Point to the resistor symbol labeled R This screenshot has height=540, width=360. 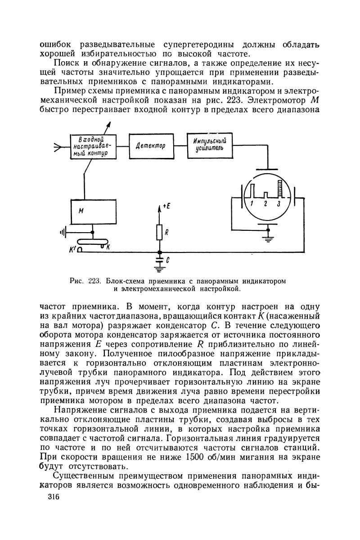click(x=159, y=232)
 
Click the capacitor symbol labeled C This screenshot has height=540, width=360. click(x=159, y=260)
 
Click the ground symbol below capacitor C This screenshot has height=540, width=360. click(x=159, y=270)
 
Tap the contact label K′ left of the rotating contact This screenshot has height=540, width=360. click(x=72, y=248)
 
